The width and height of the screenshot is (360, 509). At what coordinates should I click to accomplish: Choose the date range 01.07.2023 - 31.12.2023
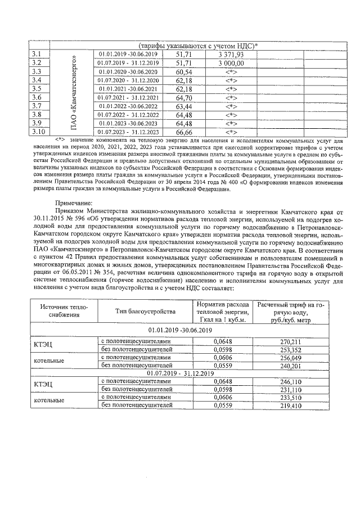pyautogui.click(x=129, y=132)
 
